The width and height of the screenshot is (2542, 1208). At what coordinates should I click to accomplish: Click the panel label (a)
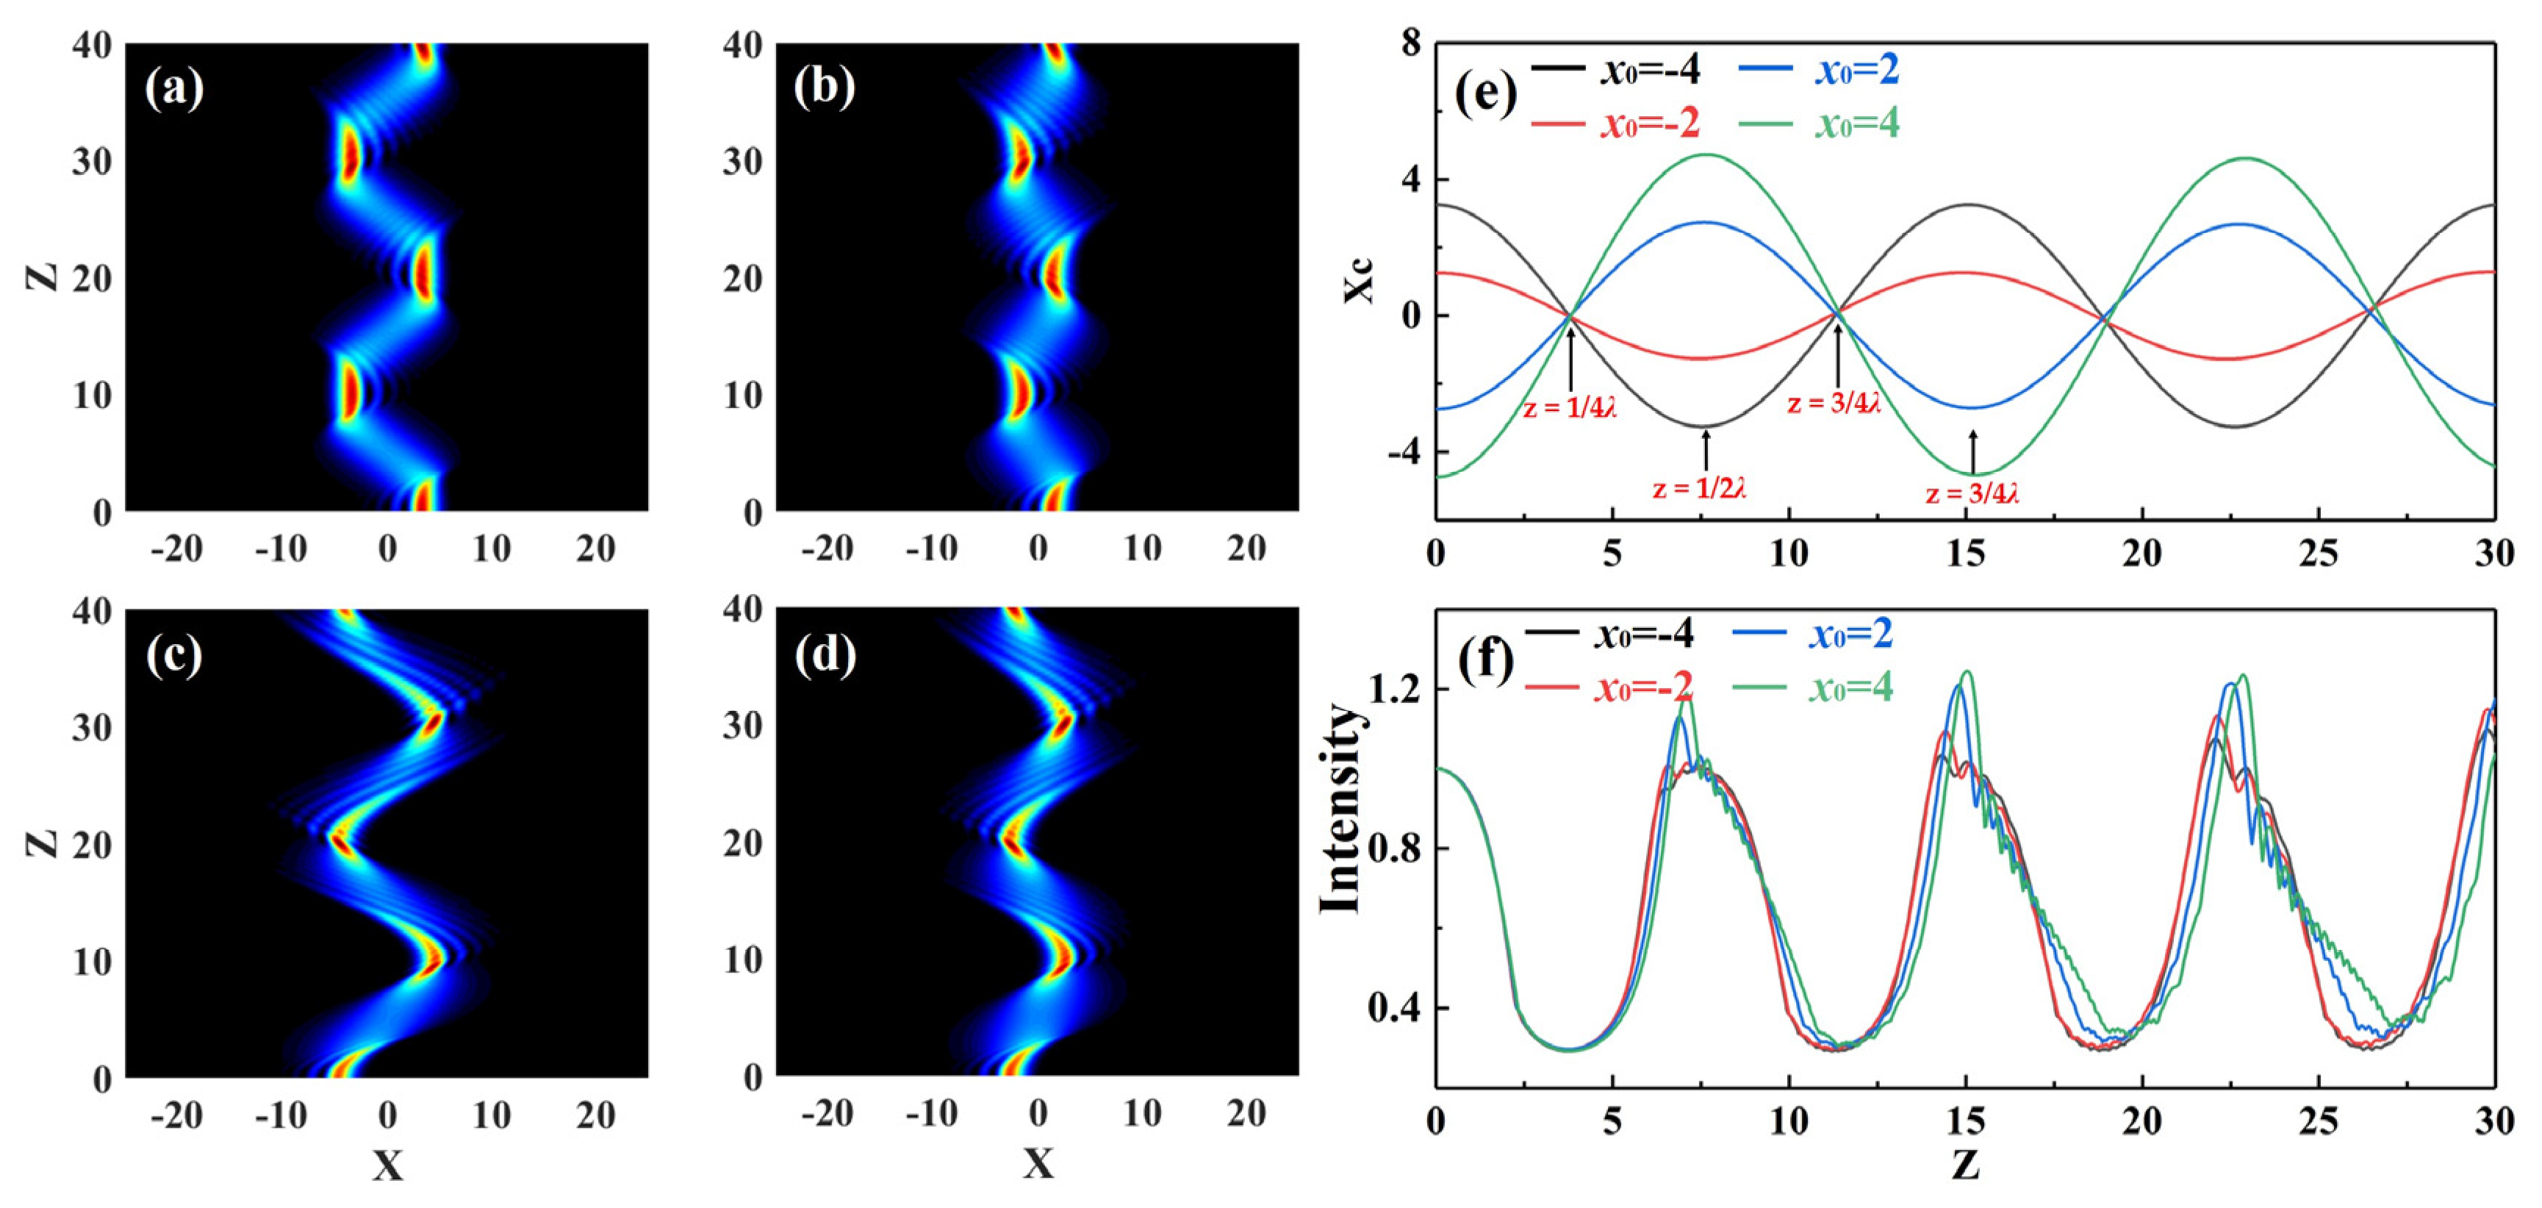click(175, 90)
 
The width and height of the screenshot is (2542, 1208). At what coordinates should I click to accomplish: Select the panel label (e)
click(1485, 96)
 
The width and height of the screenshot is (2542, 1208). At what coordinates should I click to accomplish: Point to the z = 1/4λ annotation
click(1570, 407)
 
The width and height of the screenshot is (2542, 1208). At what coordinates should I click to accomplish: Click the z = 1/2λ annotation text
click(1699, 487)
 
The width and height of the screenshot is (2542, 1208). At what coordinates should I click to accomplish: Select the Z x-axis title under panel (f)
click(1964, 1167)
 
